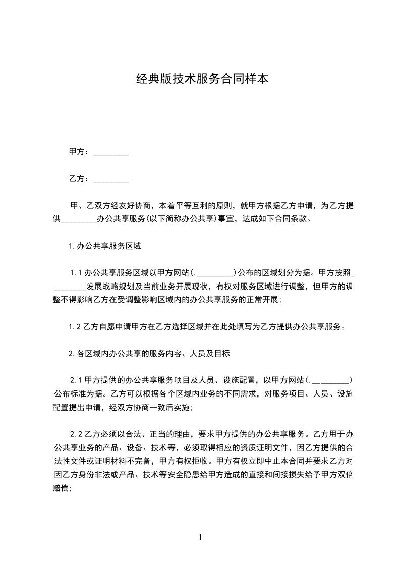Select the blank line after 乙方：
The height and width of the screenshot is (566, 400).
tap(111, 179)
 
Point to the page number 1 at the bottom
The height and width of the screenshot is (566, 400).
tap(200, 537)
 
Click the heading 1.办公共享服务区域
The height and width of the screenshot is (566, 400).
tap(104, 247)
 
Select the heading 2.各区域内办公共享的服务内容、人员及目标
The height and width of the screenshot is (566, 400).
tap(149, 354)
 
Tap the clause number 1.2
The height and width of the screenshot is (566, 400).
tap(75, 327)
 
